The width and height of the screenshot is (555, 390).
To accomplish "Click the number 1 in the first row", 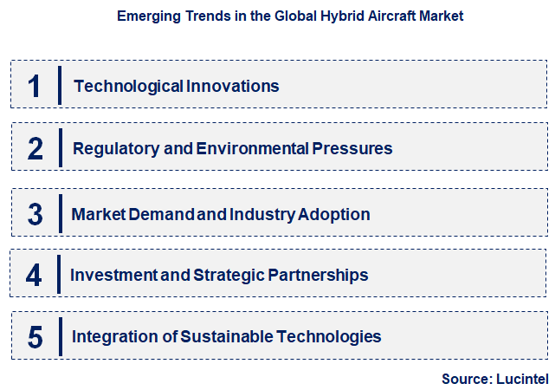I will click(35, 86).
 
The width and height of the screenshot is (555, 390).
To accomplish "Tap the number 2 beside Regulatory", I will click(35, 148).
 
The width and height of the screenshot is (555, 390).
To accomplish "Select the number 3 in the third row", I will click(35, 214).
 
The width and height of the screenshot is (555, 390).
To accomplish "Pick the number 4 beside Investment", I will click(34, 276).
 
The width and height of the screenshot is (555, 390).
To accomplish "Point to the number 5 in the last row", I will click(35, 337).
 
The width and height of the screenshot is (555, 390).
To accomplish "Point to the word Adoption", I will click(335, 214).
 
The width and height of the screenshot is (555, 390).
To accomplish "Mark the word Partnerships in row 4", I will click(320, 276).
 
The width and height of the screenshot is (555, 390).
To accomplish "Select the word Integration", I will click(109, 337).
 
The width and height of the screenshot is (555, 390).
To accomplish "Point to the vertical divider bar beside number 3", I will click(60, 214).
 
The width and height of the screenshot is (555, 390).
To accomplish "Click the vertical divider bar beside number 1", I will click(60, 86).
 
